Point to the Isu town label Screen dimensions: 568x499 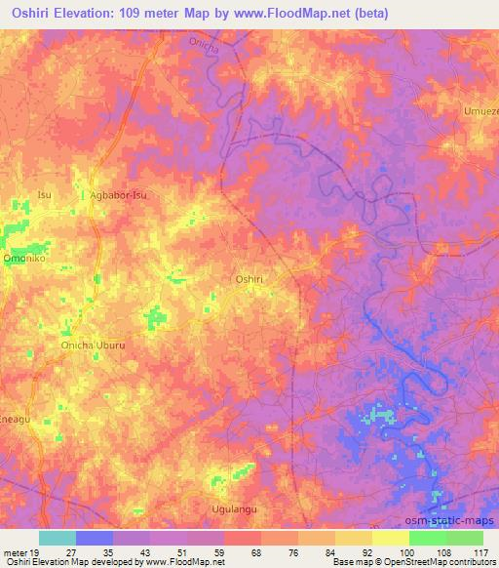pos(44,194)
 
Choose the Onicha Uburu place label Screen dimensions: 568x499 pos(95,345)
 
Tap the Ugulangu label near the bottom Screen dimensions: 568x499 pos(232,508)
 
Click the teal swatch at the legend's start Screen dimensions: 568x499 pos(58,538)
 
